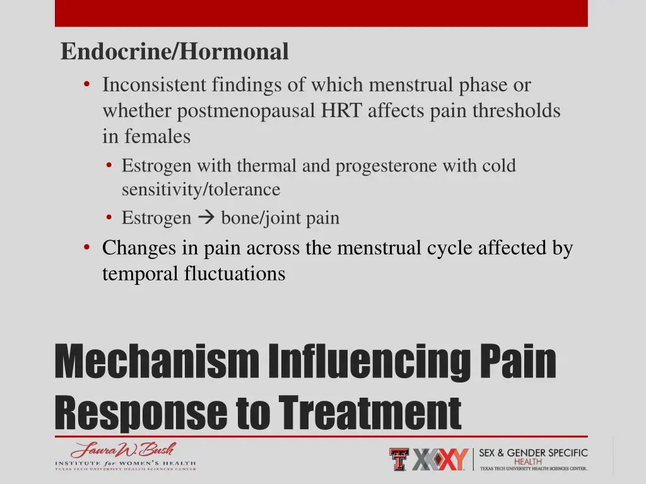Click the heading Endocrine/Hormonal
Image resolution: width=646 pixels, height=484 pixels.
(x=175, y=52)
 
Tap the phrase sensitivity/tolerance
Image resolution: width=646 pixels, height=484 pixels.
(x=201, y=189)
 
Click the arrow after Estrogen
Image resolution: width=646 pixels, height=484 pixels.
(x=206, y=218)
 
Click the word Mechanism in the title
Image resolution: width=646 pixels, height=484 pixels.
(x=156, y=362)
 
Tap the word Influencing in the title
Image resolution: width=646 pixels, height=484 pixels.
(x=368, y=362)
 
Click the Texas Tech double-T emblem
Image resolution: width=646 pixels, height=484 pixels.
(x=399, y=459)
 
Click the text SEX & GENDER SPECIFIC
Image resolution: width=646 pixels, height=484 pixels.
(x=533, y=453)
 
